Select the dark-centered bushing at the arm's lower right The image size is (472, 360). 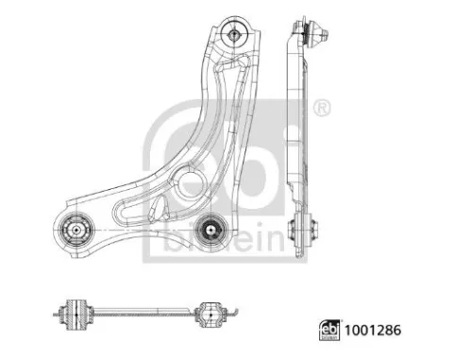(x=211, y=229)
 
